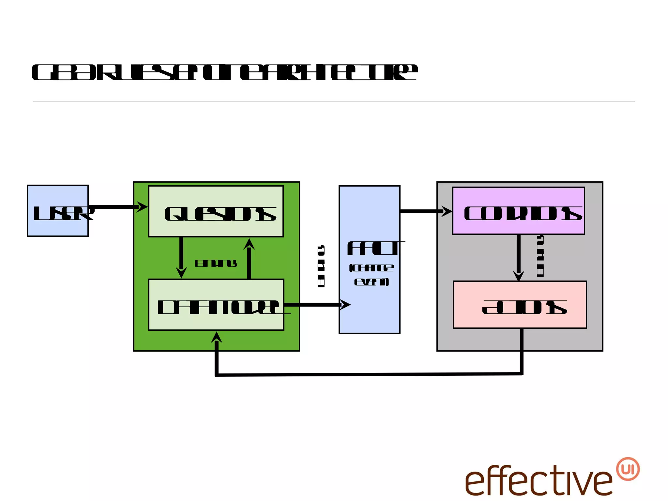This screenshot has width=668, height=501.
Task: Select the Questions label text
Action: coord(220,214)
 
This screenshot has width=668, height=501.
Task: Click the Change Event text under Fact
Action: coord(372,275)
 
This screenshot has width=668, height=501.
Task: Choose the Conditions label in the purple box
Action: coord(523,213)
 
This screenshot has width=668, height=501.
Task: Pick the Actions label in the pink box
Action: coord(524,307)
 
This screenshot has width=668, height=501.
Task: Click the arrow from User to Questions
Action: coord(117,207)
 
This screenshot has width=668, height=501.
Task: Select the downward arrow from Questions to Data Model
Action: coord(181,258)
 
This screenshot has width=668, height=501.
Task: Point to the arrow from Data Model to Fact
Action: coord(316,305)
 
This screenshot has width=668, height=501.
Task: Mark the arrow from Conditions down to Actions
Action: coord(519,258)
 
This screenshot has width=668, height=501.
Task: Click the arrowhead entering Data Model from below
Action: coord(217,338)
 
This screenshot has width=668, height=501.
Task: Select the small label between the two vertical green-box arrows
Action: coord(216,263)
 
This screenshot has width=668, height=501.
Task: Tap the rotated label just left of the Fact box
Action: coord(321,266)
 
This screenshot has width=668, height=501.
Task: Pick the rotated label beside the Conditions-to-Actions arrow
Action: coord(540,256)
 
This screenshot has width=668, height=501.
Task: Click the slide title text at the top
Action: coord(224,72)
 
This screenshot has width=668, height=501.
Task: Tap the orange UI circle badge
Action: coord(628,469)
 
